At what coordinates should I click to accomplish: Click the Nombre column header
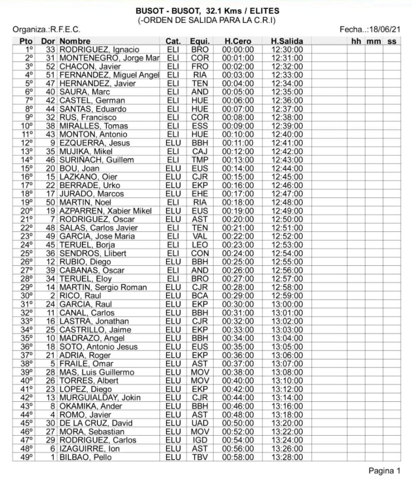75,41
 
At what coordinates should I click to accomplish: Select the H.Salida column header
287,41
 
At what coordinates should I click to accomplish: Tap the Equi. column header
199,41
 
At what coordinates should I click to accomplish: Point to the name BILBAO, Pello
85,457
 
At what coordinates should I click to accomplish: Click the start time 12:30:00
287,50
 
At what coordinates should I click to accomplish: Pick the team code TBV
199,457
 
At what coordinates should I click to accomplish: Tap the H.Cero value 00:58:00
238,457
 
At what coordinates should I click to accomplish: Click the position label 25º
27,253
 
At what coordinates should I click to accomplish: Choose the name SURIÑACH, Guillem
97,160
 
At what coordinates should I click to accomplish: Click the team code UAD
199,423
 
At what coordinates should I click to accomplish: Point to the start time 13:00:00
287,304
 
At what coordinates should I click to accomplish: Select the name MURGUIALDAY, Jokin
100,398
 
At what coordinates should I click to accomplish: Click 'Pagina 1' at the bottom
384,471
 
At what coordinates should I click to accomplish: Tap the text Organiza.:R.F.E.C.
46,29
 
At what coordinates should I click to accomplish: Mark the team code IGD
199,440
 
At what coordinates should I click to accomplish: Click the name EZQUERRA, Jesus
95,143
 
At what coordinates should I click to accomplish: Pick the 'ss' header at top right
392,41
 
